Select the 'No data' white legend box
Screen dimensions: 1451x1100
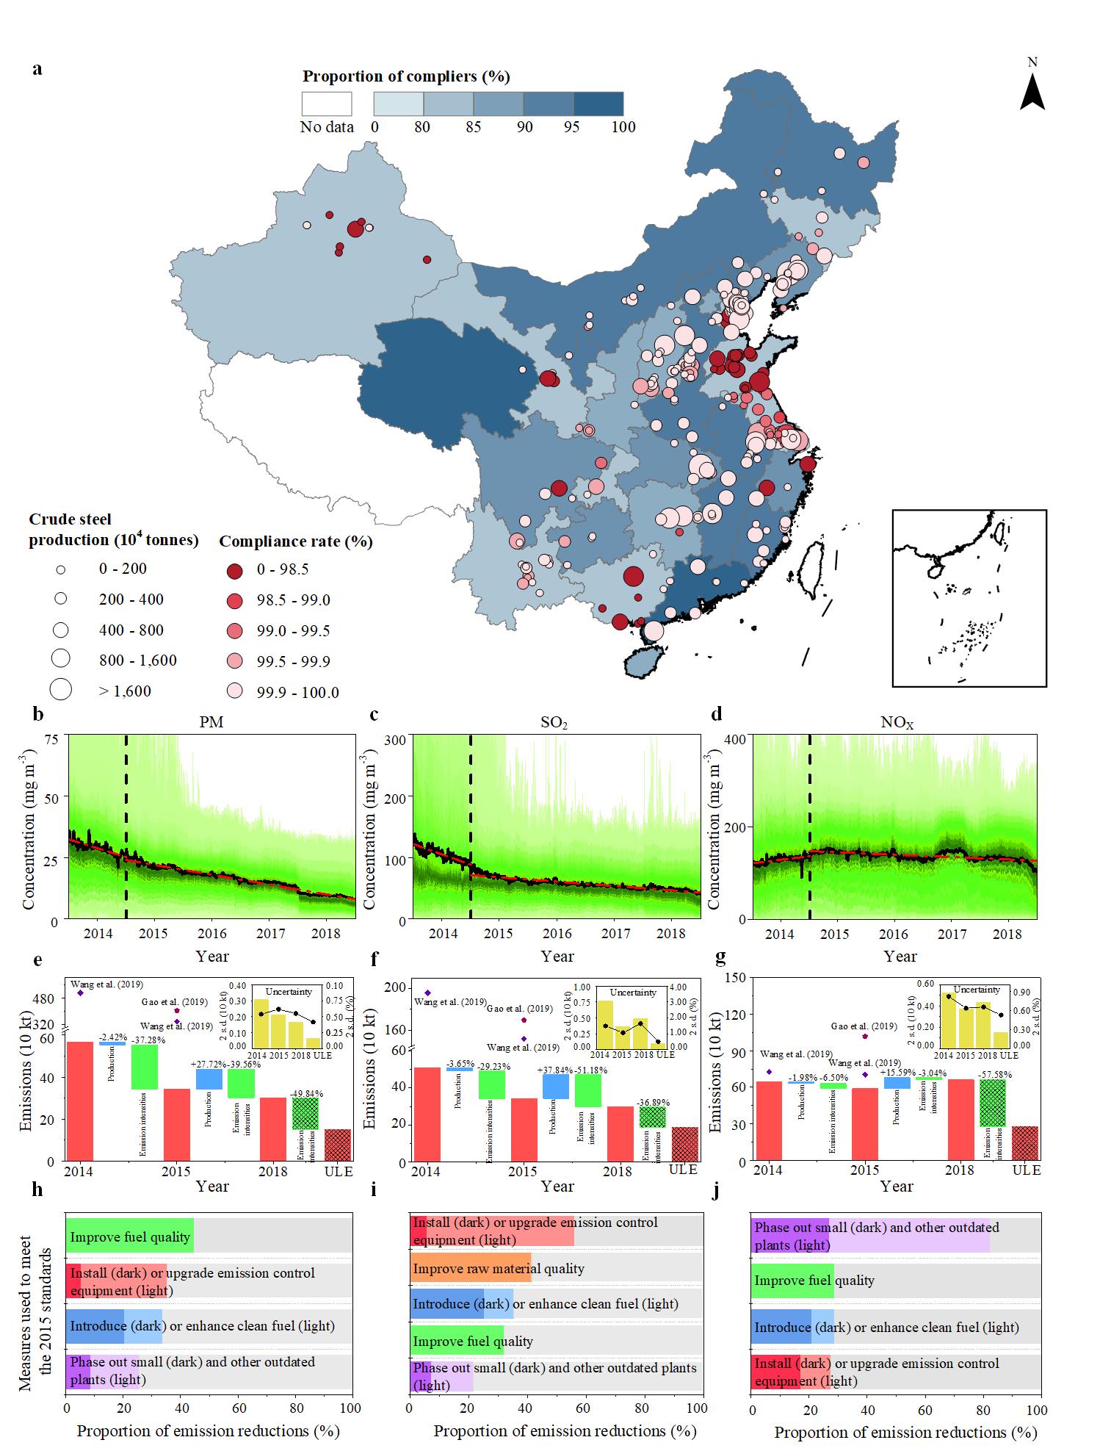pos(327,104)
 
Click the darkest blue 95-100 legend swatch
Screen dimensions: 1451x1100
pos(598,104)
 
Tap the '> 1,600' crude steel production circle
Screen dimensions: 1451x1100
pos(61,689)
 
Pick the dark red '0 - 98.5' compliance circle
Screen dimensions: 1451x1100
pos(235,570)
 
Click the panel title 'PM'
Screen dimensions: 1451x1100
pos(211,722)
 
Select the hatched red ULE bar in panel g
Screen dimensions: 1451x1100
pos(1026,1143)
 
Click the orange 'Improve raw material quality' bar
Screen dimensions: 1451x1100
pos(470,1268)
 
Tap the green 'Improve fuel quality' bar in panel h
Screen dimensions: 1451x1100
pos(130,1237)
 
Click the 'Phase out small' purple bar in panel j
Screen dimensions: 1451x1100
pos(870,1236)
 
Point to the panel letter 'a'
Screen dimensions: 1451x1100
pos(37,69)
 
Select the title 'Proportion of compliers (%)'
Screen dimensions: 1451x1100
pos(406,76)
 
